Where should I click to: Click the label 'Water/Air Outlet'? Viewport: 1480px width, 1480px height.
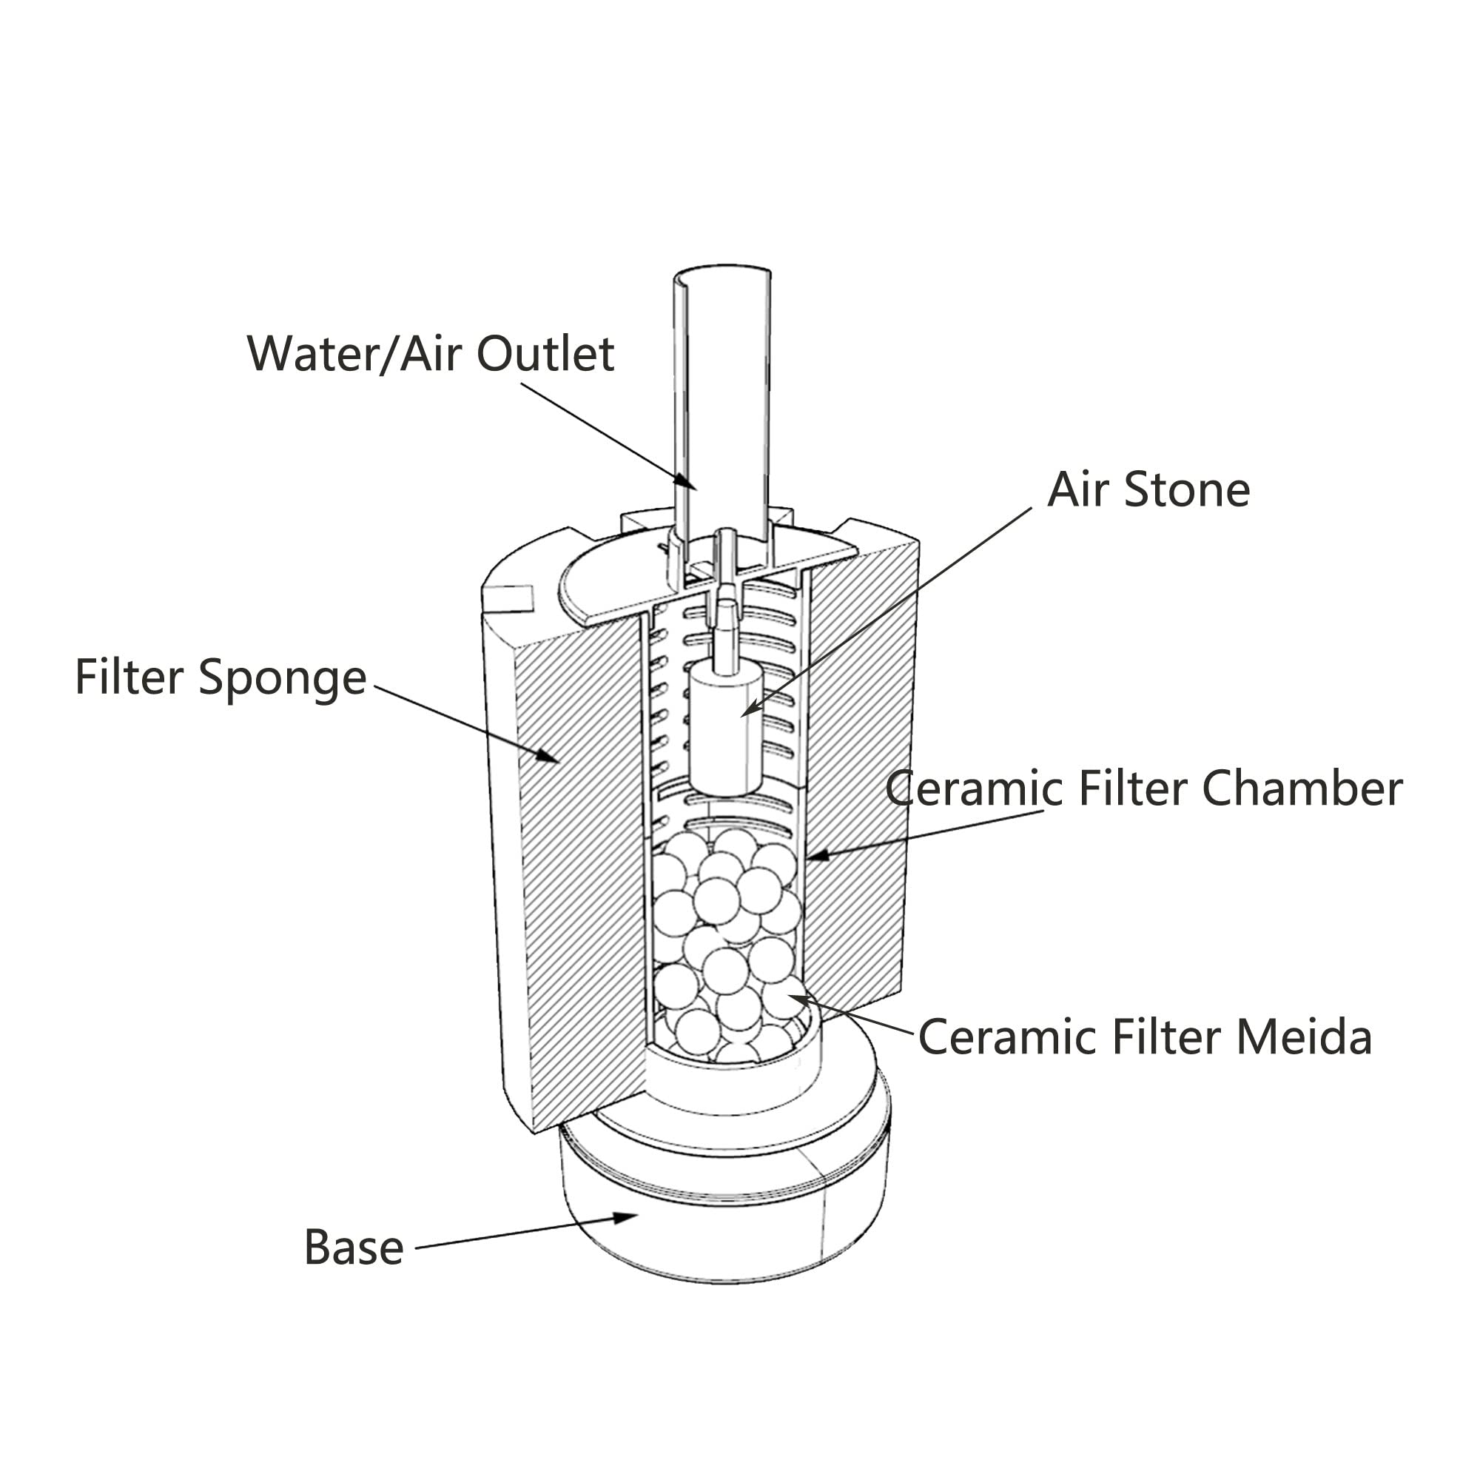[430, 354]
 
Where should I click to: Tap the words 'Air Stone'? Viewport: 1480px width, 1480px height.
[1148, 490]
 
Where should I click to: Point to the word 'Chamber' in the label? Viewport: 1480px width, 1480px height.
[1302, 788]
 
